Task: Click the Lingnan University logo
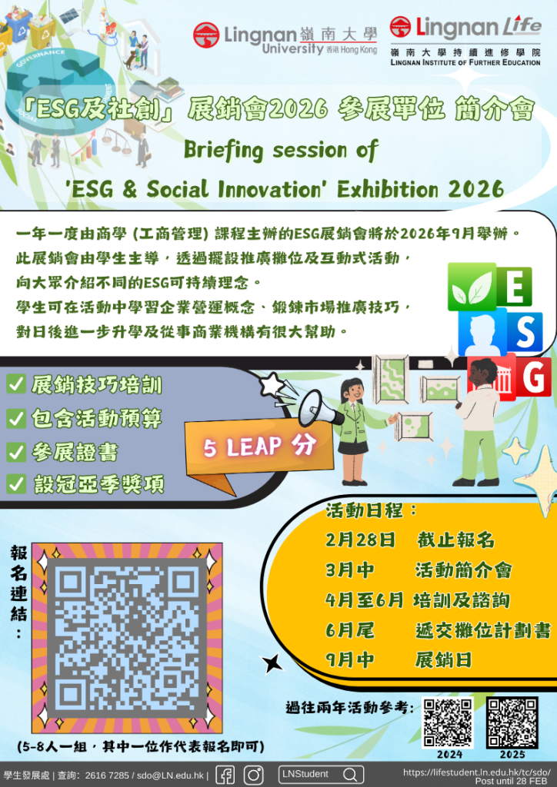[285, 37]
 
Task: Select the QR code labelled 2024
[449, 722]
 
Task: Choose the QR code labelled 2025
[512, 722]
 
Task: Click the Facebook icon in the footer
[225, 775]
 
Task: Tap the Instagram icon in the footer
[253, 775]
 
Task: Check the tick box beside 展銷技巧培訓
[15, 385]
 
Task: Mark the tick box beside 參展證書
[15, 451]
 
